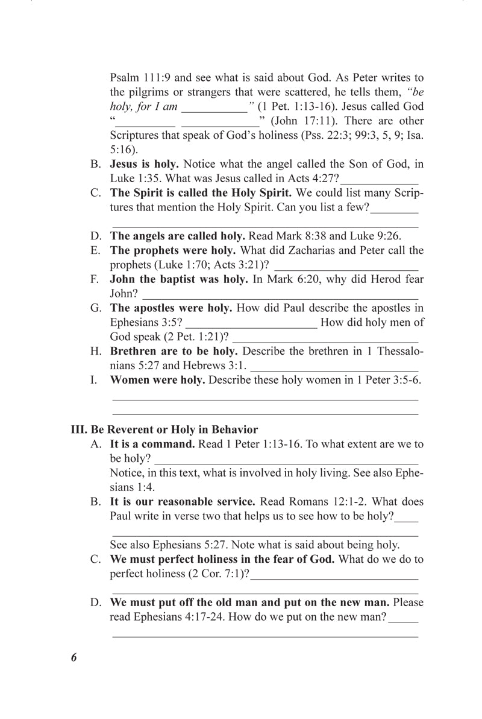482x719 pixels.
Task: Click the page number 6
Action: pos(74,657)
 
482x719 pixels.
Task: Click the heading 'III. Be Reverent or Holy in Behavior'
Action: pos(164,430)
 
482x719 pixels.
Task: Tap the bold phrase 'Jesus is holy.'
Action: pos(144,164)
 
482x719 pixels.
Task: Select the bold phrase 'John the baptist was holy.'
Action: pos(178,279)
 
